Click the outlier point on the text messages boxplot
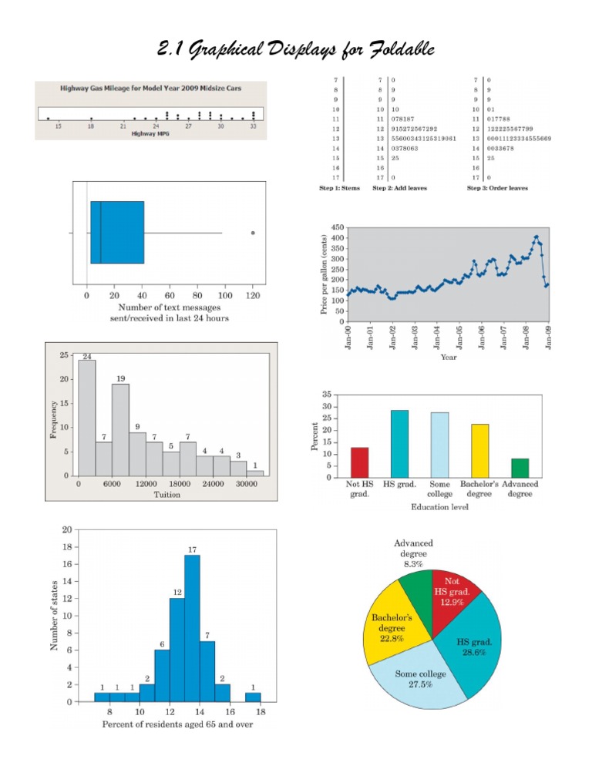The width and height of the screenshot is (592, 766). tap(253, 233)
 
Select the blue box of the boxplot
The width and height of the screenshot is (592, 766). tap(117, 233)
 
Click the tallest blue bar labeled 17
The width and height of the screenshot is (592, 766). tap(193, 628)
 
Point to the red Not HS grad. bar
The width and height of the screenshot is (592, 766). tap(360, 462)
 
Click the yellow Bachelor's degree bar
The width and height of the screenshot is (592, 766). tap(480, 451)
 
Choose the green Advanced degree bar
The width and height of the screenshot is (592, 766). tap(520, 468)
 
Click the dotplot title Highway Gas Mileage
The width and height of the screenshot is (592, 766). tap(151, 89)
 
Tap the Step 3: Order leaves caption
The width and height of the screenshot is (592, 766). tap(498, 188)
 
